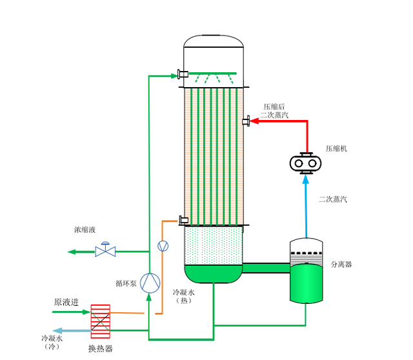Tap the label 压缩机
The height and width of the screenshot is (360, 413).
point(336,148)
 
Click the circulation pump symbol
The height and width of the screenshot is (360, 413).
point(150,282)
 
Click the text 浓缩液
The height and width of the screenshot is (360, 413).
point(85,230)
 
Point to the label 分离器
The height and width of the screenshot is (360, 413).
point(341,264)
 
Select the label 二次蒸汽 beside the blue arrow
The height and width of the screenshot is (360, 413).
point(332,199)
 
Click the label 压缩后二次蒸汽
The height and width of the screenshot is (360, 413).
point(275,111)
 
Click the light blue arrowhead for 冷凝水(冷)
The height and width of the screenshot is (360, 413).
point(55,331)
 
